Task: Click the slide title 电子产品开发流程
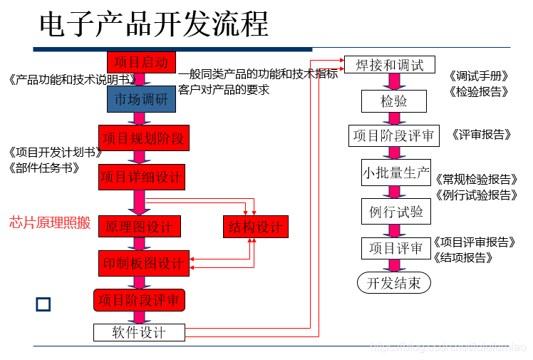point(154,25)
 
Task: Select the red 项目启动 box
point(141,62)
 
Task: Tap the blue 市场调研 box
point(141,99)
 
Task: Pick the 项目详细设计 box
point(141,176)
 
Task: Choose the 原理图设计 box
point(140,227)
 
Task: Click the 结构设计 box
point(255,227)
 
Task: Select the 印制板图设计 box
point(143,263)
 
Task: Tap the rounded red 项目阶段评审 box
point(140,300)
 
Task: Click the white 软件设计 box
point(139,332)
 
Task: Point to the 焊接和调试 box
point(389,65)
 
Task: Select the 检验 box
point(393,101)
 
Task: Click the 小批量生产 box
point(395,173)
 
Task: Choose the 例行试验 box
point(395,211)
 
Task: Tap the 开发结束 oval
point(393,282)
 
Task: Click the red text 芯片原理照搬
point(50,223)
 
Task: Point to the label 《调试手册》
point(478,76)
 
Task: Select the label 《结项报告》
point(463,258)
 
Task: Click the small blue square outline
point(43,304)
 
